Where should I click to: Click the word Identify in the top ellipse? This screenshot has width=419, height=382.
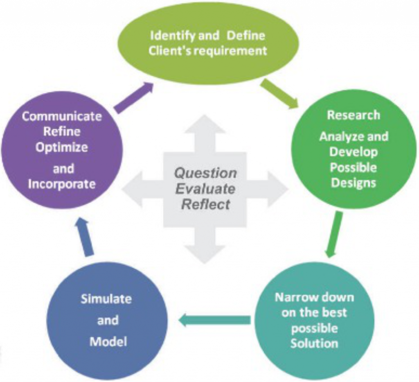tap(173, 36)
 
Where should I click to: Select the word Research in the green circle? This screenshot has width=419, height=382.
tap(353, 115)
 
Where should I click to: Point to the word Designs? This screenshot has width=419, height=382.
tap(353, 183)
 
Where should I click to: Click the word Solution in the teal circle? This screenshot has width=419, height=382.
tap(314, 343)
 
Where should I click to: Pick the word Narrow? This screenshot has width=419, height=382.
tap(293, 297)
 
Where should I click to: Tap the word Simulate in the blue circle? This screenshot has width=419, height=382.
tap(106, 298)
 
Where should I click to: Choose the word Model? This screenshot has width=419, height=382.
tap(108, 341)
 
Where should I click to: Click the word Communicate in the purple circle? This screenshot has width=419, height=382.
tap(62, 116)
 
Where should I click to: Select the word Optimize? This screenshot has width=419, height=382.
tap(62, 147)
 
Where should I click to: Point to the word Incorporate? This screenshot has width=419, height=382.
tap(62, 184)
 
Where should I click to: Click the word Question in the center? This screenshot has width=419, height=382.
tap(205, 174)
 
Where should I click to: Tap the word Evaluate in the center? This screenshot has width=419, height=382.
tap(205, 189)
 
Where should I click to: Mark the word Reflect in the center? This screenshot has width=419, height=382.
tap(205, 204)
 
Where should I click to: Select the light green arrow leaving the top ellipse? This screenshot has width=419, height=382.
tap(279, 93)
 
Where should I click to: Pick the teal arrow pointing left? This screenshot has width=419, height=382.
tap(214, 320)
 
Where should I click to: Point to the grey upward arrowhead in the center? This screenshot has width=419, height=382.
tap(205, 124)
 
